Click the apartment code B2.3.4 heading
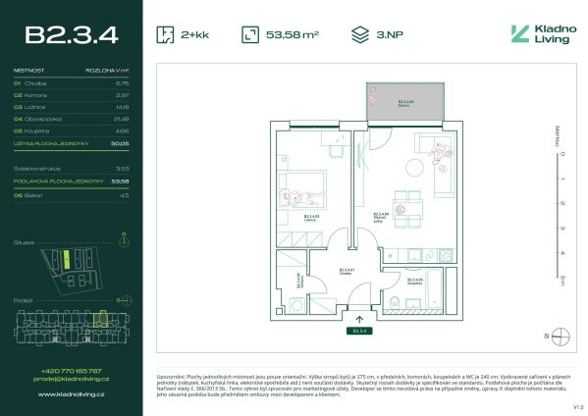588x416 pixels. (x=72, y=35)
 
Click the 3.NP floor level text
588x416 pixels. (x=384, y=34)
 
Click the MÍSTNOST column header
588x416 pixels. (x=28, y=72)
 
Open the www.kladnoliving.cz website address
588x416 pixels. (x=70, y=393)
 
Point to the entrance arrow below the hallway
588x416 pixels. (x=359, y=317)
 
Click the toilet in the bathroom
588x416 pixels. (x=394, y=301)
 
